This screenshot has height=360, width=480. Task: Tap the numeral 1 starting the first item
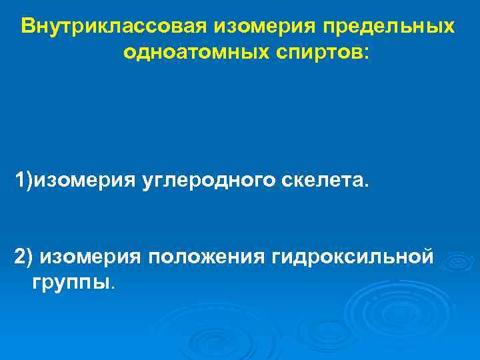pos(21,181)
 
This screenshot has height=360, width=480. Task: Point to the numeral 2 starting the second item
pos(20,256)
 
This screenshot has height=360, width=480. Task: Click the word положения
pos(209,256)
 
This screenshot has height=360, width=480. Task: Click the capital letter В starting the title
pos(28,27)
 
